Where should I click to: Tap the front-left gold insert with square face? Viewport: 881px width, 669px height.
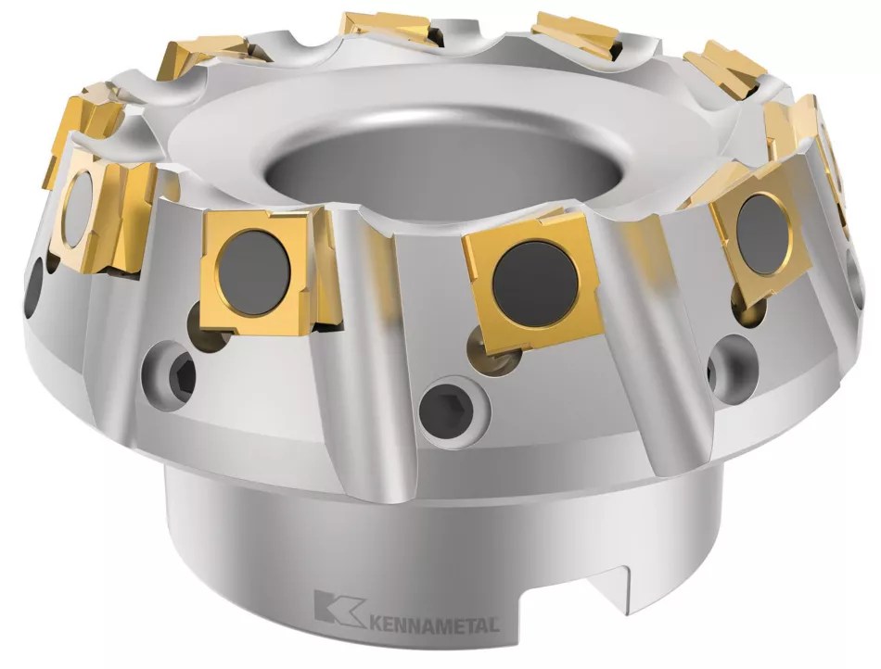[x=259, y=270]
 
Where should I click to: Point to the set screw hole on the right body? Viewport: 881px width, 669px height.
[x=732, y=365]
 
